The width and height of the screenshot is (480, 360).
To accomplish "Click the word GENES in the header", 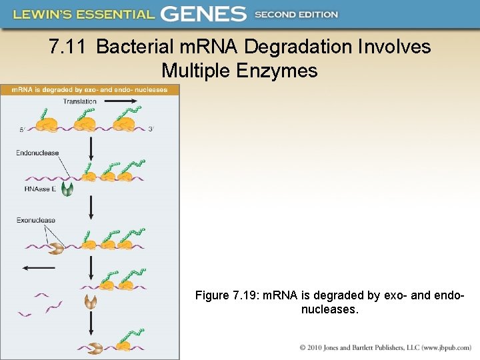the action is (x=203, y=13).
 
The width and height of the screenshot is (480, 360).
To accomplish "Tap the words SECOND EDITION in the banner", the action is (x=297, y=14).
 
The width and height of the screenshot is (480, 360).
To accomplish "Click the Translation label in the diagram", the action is (x=80, y=101).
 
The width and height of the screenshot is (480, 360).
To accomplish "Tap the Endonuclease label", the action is (x=37, y=153).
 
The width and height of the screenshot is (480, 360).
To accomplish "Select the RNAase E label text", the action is (x=40, y=189).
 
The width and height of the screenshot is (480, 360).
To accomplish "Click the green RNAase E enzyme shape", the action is (x=68, y=189).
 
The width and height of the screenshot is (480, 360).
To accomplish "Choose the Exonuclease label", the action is (x=36, y=220).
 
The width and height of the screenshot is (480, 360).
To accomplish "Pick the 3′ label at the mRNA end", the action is (x=151, y=129).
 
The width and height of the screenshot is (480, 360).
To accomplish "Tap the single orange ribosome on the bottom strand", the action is (x=124, y=346).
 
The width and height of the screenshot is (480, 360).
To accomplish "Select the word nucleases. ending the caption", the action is (x=330, y=309).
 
